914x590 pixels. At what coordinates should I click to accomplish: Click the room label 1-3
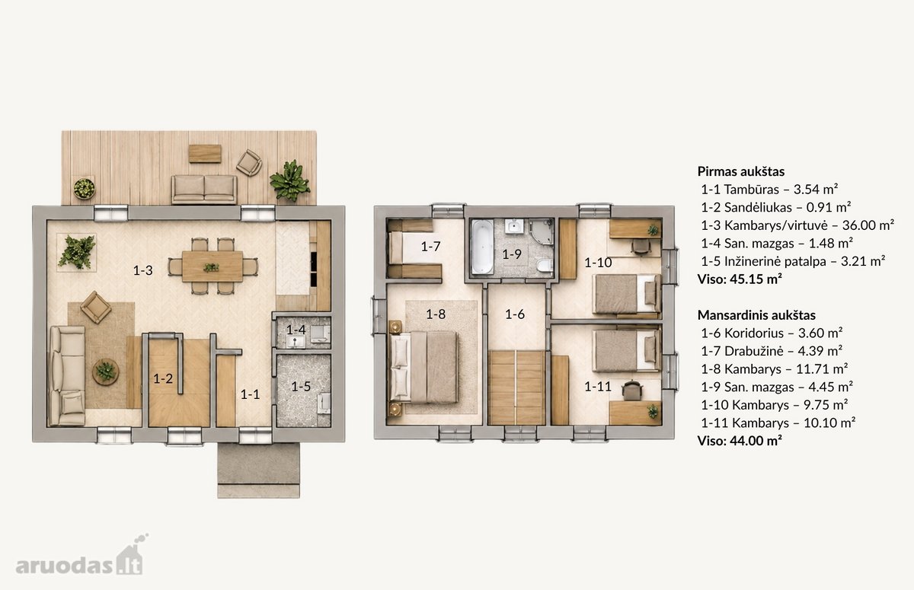(143, 270)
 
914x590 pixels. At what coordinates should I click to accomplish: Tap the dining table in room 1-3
(213, 266)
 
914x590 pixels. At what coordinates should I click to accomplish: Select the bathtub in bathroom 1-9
(482, 247)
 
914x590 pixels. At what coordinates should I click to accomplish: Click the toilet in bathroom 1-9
(545, 266)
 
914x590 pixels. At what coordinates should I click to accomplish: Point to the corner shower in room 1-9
(542, 232)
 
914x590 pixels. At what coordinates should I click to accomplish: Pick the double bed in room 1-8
(424, 367)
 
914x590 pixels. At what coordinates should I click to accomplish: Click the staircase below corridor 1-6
(516, 387)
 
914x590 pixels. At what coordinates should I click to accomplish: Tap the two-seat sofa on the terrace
(204, 190)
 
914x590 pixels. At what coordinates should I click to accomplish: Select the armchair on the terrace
(249, 163)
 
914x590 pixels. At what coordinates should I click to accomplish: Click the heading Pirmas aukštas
(740, 171)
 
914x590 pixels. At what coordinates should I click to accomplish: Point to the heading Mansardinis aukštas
(756, 315)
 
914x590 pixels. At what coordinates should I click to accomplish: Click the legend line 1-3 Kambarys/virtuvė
(797, 225)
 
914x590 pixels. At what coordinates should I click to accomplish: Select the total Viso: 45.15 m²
(740, 279)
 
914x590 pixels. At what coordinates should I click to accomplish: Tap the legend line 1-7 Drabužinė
(772, 351)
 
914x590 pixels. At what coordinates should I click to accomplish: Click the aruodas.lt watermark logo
(81, 557)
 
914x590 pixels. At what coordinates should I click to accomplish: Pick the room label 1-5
(301, 386)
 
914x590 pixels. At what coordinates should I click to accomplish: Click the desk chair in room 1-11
(631, 391)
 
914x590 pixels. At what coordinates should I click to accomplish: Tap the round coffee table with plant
(106, 372)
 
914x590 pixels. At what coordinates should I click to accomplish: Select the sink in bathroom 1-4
(296, 341)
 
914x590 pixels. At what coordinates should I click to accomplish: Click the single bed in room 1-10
(627, 294)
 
